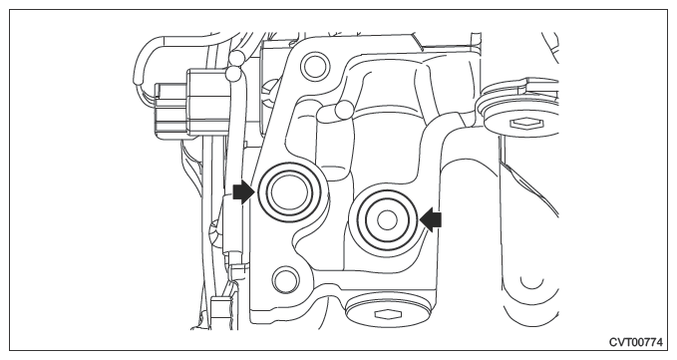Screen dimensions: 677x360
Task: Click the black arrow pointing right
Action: pos(244,192)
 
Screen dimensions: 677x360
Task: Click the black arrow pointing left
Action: pos(431,220)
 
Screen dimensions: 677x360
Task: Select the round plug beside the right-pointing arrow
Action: pos(289,192)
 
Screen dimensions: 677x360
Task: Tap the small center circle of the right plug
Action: pos(387,220)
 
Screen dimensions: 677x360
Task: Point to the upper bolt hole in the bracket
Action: pos(315,66)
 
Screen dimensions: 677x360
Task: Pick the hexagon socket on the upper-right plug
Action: pos(525,125)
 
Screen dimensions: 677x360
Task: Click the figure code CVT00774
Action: pos(636,342)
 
